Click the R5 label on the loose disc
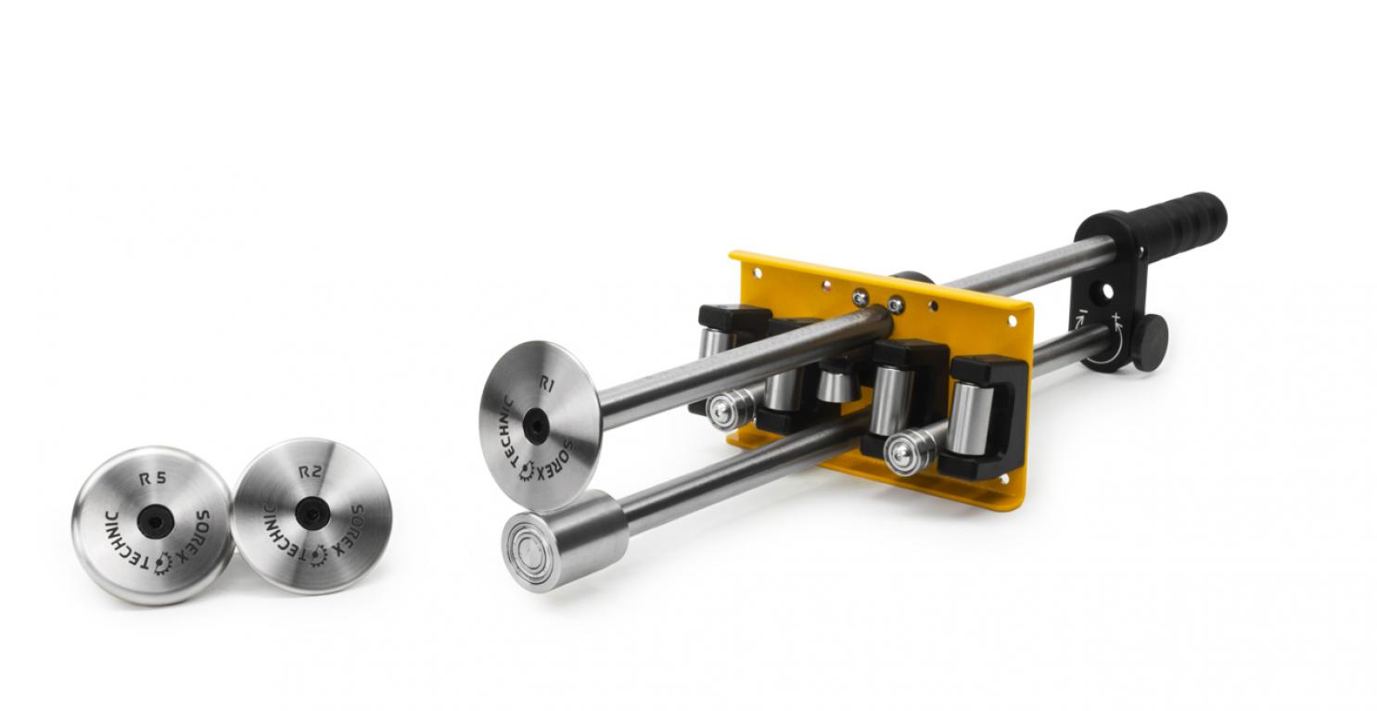[153, 478]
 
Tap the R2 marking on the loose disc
[310, 472]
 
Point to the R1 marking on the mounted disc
[546, 384]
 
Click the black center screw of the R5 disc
[155, 522]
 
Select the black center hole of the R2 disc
[312, 513]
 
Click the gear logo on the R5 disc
[163, 563]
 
